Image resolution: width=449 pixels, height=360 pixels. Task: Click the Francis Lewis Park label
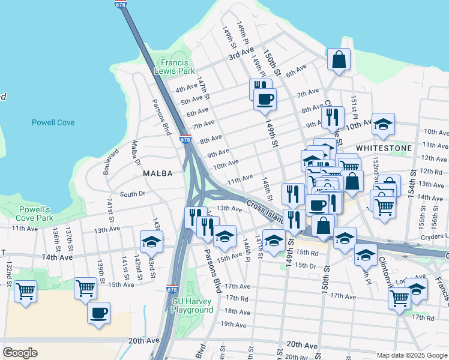178,67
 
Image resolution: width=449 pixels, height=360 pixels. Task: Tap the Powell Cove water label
53,122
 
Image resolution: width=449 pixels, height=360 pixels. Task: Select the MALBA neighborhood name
158,173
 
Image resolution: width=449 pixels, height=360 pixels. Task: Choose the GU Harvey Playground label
193,305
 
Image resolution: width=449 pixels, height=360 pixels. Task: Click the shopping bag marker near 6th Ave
339,59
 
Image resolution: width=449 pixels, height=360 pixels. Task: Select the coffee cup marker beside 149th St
264,98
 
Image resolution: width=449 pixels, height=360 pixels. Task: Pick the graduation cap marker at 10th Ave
383,124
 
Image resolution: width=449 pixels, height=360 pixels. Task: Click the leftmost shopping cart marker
25,292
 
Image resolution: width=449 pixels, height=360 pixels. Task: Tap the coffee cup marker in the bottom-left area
98,313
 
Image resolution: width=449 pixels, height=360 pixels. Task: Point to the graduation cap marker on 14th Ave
151,242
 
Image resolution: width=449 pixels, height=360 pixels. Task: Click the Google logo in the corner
20,353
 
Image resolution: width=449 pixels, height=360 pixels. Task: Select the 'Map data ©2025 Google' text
412,355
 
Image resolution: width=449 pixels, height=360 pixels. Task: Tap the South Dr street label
133,194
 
